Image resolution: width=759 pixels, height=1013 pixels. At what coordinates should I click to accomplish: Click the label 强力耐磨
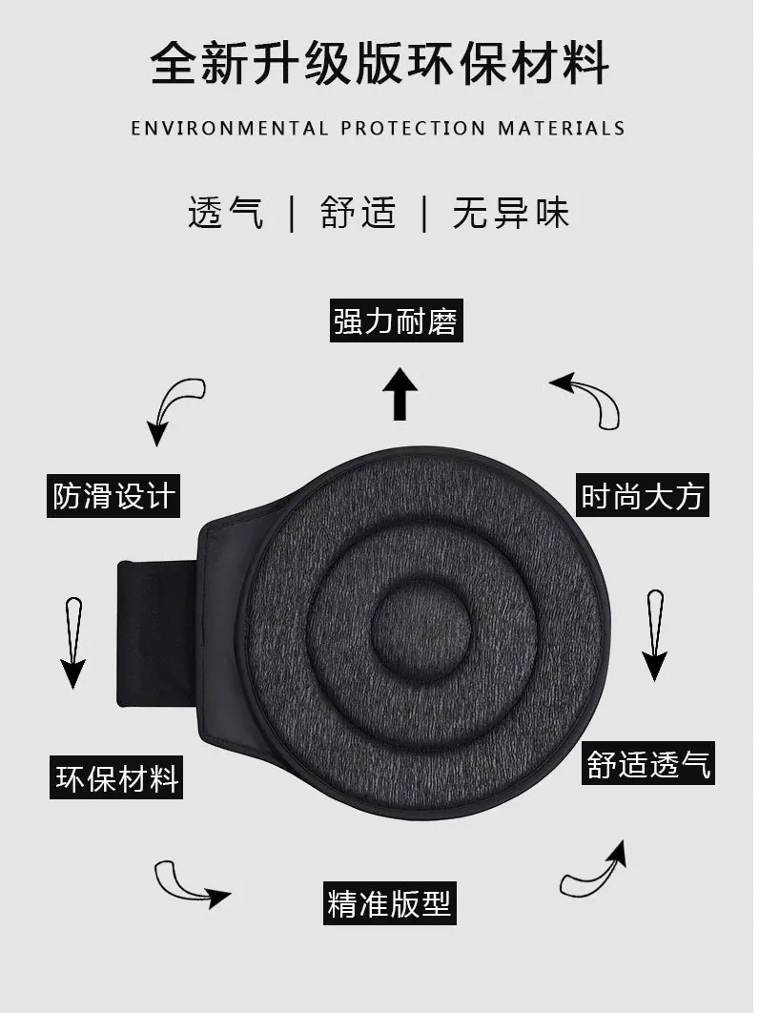click(x=396, y=320)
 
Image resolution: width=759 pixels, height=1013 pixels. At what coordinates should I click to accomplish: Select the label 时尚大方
click(x=644, y=496)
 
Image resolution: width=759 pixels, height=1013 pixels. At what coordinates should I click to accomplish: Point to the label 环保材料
click(x=117, y=777)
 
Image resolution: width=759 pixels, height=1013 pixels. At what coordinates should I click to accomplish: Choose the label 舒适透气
click(x=648, y=764)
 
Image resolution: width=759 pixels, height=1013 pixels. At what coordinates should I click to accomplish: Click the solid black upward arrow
click(x=400, y=395)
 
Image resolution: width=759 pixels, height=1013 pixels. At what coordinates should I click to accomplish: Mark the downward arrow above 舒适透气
click(x=654, y=634)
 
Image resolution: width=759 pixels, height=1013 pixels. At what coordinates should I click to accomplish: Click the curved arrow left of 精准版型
click(x=191, y=882)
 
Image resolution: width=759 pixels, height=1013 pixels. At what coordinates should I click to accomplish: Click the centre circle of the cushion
click(x=420, y=631)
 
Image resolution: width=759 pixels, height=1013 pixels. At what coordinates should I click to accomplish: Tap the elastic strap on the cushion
click(x=156, y=634)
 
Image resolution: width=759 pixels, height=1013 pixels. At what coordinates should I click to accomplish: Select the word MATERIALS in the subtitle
click(x=561, y=128)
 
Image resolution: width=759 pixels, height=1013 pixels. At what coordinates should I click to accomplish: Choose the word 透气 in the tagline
click(x=225, y=212)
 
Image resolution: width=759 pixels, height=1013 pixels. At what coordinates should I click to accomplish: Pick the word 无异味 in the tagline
click(x=511, y=212)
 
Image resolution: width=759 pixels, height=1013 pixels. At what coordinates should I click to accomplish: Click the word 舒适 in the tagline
click(x=358, y=212)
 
